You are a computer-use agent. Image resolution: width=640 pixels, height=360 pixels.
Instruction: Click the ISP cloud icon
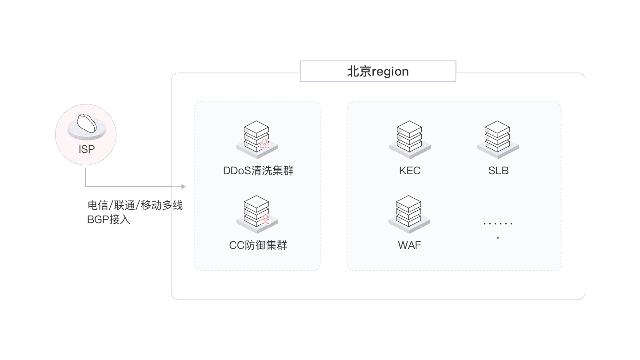click(x=86, y=124)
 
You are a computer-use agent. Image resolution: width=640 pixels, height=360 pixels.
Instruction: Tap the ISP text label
click(x=86, y=149)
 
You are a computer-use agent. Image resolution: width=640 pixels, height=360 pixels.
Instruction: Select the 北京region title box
click(x=378, y=72)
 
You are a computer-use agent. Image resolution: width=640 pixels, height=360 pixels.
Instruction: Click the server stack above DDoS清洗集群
click(x=257, y=137)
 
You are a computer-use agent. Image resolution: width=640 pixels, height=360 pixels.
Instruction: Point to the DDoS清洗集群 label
click(x=258, y=171)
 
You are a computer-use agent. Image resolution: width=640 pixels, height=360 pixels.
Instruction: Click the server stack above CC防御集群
click(x=257, y=212)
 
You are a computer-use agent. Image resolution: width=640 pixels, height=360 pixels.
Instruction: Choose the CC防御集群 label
click(x=258, y=245)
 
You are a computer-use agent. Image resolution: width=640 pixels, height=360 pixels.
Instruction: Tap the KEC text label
click(x=409, y=171)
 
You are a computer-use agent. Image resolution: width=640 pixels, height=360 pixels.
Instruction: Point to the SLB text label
click(x=498, y=171)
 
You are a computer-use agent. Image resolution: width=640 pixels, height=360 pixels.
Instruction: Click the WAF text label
click(x=409, y=245)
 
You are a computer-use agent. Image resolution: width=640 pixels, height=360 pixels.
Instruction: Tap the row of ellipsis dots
click(x=498, y=224)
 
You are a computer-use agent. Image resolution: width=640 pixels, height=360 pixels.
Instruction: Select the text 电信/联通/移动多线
click(x=135, y=205)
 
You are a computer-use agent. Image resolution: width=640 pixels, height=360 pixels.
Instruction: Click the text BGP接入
click(x=109, y=219)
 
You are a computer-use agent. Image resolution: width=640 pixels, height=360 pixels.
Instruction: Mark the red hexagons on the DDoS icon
click(x=265, y=144)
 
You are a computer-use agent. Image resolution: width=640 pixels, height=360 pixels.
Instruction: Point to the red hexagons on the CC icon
click(x=265, y=219)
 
